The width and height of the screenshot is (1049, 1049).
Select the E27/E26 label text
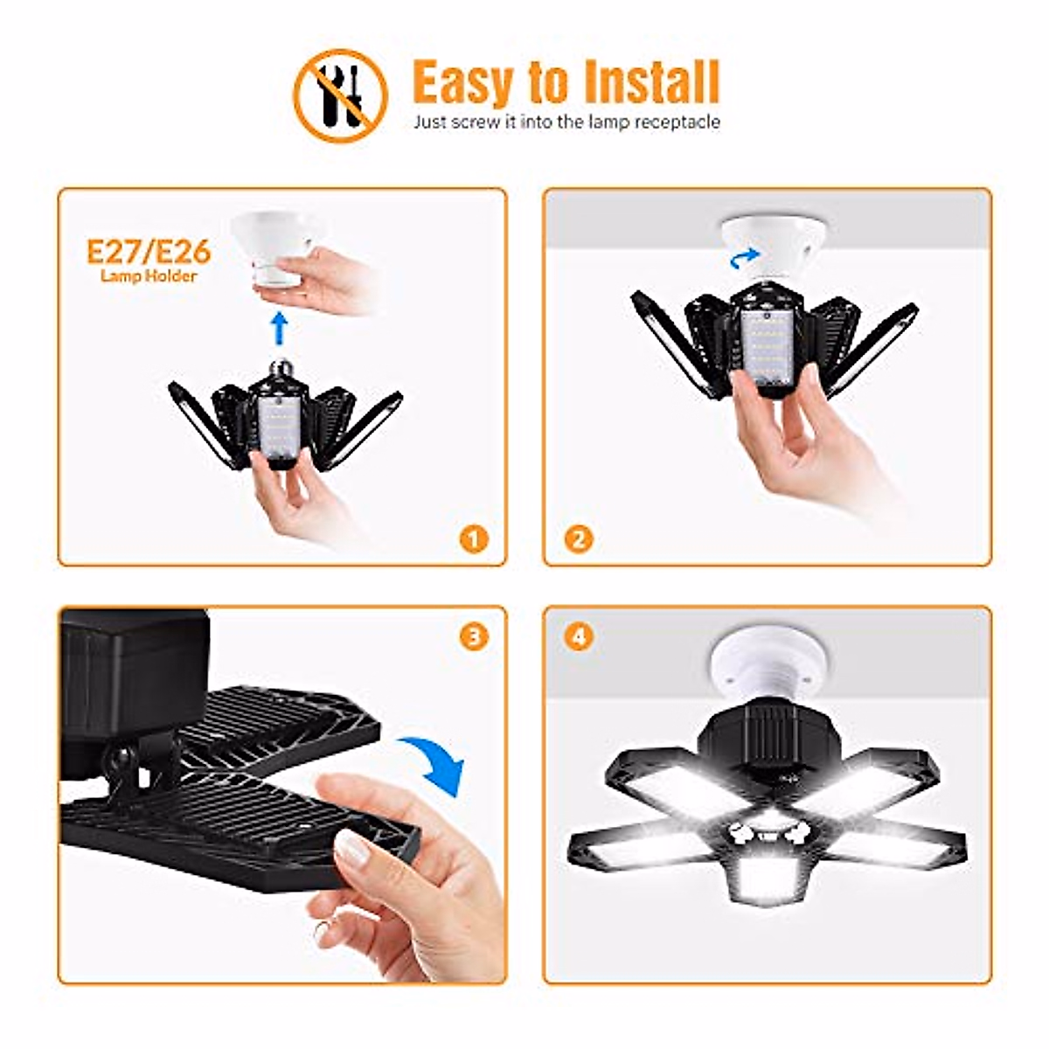(x=149, y=252)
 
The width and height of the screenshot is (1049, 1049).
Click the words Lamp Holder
(x=149, y=277)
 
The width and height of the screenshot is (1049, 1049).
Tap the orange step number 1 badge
(x=473, y=538)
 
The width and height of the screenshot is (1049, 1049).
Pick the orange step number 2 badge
(x=578, y=538)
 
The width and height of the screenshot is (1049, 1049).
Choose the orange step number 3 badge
(x=473, y=636)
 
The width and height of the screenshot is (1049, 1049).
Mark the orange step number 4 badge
(x=578, y=636)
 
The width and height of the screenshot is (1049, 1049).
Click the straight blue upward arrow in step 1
(x=279, y=329)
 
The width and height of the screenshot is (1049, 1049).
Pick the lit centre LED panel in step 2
(x=767, y=350)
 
